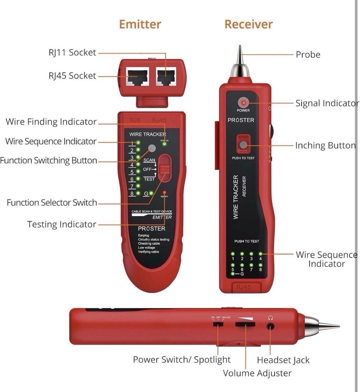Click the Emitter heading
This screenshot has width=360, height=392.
pyautogui.click(x=140, y=24)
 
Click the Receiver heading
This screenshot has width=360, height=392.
pyautogui.click(x=248, y=24)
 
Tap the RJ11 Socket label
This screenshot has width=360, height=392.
pyautogui.click(x=72, y=53)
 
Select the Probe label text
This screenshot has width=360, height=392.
pyautogui.click(x=308, y=55)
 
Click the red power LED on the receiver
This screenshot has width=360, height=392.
pyautogui.click(x=243, y=102)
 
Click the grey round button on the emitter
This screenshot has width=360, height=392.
pyautogui.click(x=151, y=149)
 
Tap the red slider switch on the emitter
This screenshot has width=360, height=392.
pyautogui.click(x=165, y=168)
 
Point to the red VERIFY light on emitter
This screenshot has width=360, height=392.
pyautogui.click(x=164, y=192)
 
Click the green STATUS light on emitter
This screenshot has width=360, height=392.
pyautogui.click(x=165, y=144)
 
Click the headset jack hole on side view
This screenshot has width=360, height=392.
pyautogui.click(x=270, y=327)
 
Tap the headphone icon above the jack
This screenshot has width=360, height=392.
pyautogui.click(x=270, y=318)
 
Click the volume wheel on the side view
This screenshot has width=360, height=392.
pyautogui.click(x=245, y=324)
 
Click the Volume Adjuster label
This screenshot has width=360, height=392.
pyautogui.click(x=257, y=373)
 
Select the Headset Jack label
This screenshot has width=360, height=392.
pyautogui.click(x=283, y=360)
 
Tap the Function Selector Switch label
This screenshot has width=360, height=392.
pyautogui.click(x=52, y=203)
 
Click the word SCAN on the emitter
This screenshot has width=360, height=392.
pyautogui.click(x=149, y=160)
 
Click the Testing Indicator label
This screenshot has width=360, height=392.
pyautogui.click(x=62, y=224)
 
